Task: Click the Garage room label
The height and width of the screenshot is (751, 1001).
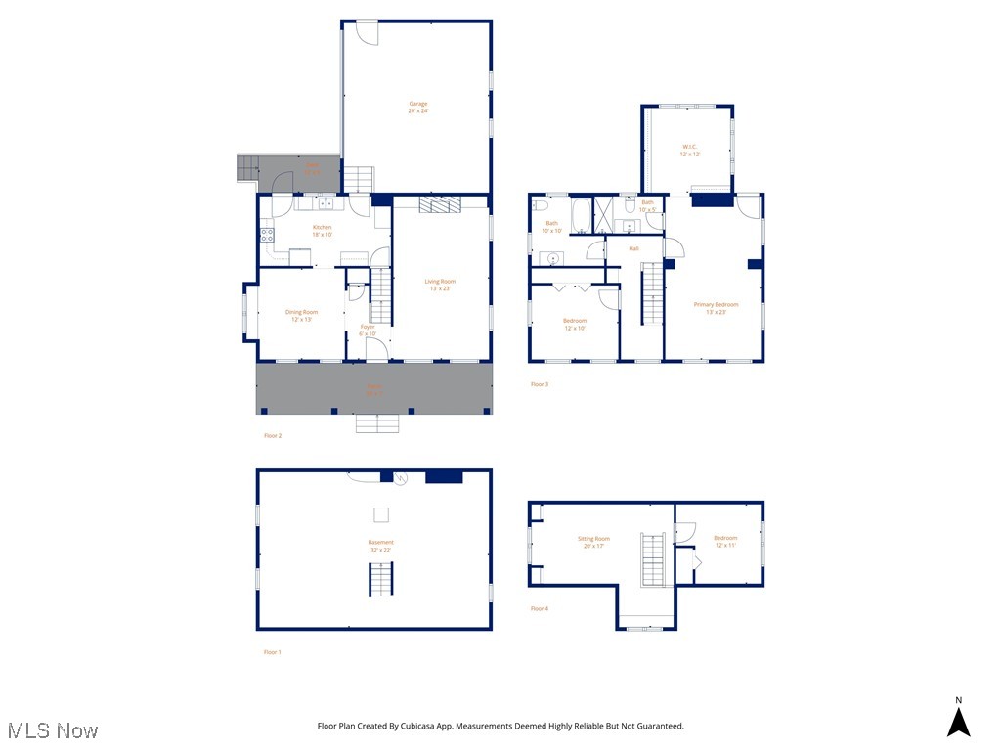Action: point(417,107)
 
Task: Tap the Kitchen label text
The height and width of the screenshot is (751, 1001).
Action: point(322,231)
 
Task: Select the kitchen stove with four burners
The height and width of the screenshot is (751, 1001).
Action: point(265,235)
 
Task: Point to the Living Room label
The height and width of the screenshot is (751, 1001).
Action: point(439,285)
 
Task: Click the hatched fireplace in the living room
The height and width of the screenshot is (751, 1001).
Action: point(439,204)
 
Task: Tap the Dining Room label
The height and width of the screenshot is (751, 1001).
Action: point(301,315)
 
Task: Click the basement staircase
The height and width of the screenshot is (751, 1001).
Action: point(380,581)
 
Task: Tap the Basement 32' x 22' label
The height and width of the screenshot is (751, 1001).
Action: point(380,546)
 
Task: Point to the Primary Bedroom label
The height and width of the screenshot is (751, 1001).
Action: point(716,308)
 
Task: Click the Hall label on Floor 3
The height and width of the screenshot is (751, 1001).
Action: point(633,248)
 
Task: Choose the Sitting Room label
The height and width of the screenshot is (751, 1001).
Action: point(593,542)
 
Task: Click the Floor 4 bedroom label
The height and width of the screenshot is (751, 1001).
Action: point(724,541)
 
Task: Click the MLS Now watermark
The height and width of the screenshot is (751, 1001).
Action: point(53,730)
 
